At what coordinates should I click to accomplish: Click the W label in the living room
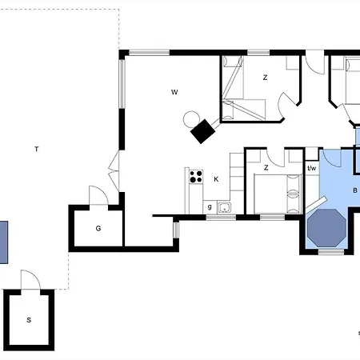point(174,92)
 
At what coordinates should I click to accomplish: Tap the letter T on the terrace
point(37,149)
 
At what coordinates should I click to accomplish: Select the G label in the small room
point(98,229)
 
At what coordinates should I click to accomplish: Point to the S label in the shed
point(29,320)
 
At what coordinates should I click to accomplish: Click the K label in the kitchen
point(216,179)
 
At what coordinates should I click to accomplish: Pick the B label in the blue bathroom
point(355,190)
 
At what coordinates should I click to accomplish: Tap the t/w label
point(311,168)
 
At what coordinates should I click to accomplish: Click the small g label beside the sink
point(210,207)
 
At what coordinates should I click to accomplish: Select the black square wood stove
point(203,131)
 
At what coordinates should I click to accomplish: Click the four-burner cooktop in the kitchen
point(196,177)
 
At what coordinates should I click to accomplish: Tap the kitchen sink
point(225,207)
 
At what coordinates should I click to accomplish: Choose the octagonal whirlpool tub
point(327,228)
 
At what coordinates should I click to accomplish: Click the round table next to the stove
point(191,119)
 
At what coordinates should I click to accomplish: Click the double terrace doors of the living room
point(114,170)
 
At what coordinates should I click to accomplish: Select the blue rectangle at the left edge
point(4,242)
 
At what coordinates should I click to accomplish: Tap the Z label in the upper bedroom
point(265,78)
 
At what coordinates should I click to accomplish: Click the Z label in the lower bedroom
point(266,168)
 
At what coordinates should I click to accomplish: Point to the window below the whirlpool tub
point(331,252)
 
